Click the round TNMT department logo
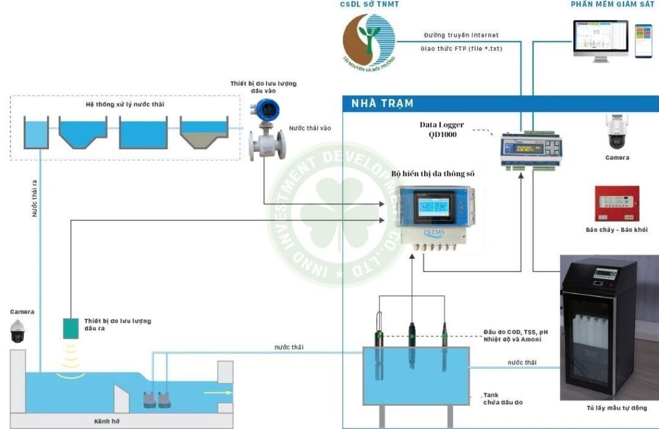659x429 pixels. (x=369, y=40)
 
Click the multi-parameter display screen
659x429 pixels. (x=432, y=207)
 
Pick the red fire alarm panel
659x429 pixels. (x=617, y=204)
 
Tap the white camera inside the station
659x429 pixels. (x=617, y=133)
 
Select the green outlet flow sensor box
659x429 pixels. (x=71, y=329)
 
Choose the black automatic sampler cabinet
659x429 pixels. (x=599, y=328)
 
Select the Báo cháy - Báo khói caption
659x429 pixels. (x=617, y=230)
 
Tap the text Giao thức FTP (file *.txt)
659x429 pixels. (x=460, y=48)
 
